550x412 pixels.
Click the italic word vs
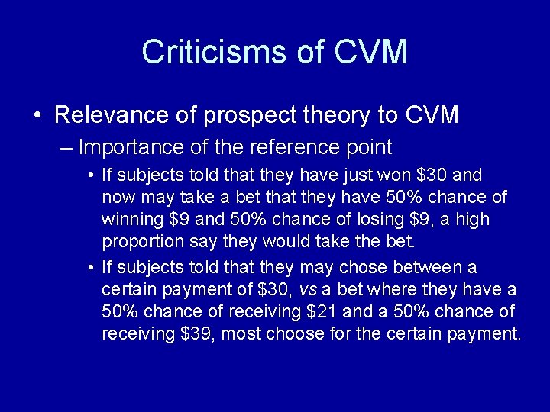[307, 289]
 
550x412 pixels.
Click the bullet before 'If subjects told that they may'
[91, 268]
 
